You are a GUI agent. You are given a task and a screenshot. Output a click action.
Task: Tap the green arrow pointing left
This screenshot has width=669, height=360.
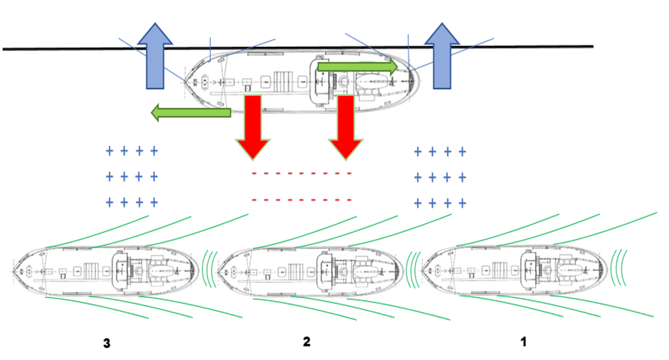pos(189,113)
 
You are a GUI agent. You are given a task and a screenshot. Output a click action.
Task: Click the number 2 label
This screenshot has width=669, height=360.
pos(306,342)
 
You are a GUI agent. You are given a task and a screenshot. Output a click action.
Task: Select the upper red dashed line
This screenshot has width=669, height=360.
pos(302,174)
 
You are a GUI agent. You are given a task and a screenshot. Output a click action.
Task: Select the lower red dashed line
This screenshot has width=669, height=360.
pos(302,200)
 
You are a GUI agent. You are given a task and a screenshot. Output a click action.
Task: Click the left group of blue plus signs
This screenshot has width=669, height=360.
pos(132,177)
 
